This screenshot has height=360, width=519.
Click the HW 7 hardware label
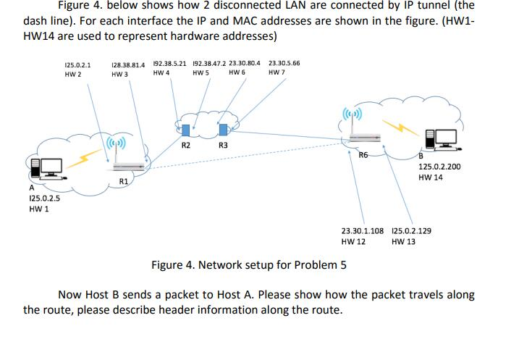pyautogui.click(x=275, y=73)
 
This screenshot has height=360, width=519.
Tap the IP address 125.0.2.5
pyautogui.click(x=43, y=198)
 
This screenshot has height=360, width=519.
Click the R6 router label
pyautogui.click(x=363, y=154)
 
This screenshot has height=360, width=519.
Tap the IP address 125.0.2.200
pyautogui.click(x=439, y=167)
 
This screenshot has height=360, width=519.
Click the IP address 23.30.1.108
pyautogui.click(x=362, y=230)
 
